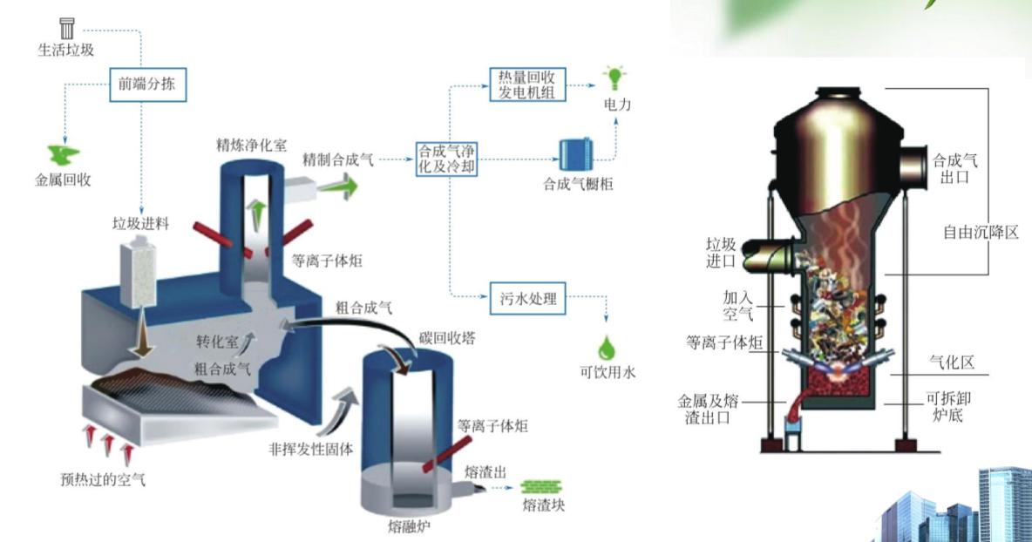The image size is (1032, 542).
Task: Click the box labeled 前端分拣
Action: click(148, 85)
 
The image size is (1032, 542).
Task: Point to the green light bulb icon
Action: click(616, 77)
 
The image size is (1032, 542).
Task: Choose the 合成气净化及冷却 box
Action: click(447, 159)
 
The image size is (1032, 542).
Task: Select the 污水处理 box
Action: click(523, 298)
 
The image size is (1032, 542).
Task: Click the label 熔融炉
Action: click(408, 526)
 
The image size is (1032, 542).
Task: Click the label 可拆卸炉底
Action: click(947, 406)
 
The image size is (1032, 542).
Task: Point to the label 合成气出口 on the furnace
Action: click(956, 168)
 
